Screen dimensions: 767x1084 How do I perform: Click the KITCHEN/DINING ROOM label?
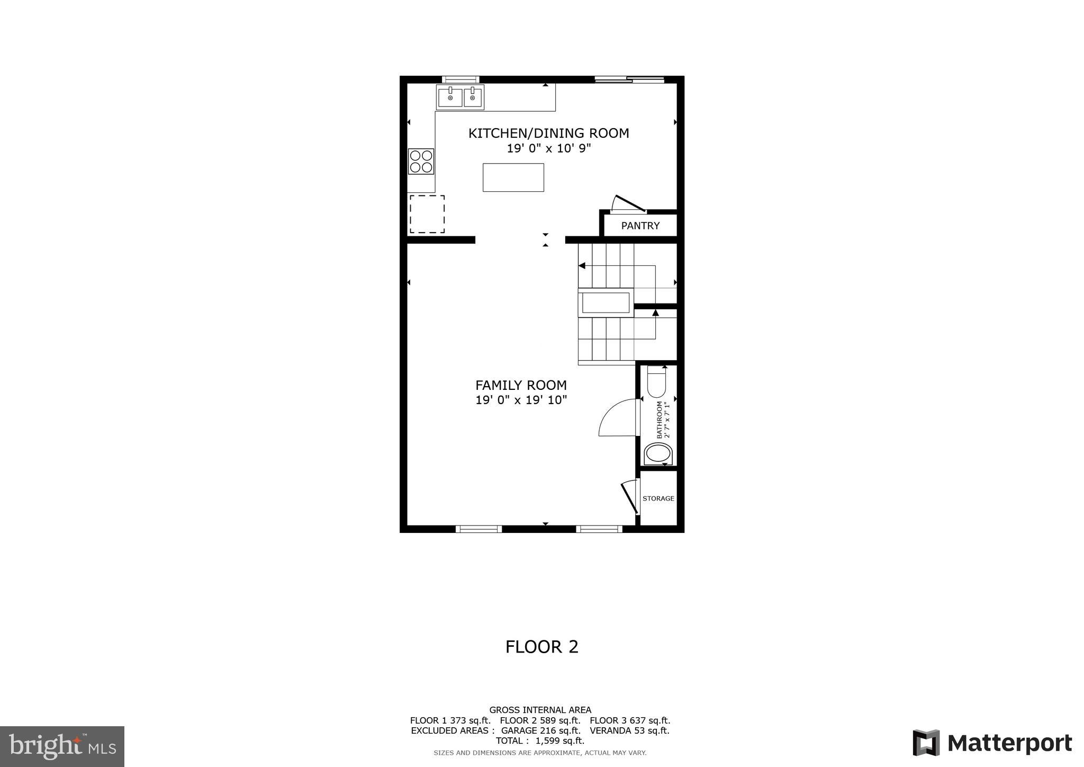click(548, 133)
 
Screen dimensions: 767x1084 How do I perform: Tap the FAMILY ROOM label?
click(521, 385)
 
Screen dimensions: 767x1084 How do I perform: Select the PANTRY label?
click(640, 226)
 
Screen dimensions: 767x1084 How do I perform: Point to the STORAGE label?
click(658, 498)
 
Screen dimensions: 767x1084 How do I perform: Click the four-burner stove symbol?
click(421, 162)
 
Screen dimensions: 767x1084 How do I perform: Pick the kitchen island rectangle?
click(513, 177)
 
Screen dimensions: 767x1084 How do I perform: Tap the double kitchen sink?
click(460, 97)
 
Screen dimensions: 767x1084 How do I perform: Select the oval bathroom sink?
click(658, 454)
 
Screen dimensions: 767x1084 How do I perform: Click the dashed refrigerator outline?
click(427, 214)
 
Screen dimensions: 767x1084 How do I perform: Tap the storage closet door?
click(630, 496)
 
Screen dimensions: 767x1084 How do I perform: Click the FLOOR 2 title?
click(541, 647)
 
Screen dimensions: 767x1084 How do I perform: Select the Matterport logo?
click(992, 743)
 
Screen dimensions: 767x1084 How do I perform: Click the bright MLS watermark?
click(62, 747)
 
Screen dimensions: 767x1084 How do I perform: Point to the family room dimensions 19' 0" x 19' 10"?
click(521, 400)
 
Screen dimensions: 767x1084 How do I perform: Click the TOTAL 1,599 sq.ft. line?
click(540, 741)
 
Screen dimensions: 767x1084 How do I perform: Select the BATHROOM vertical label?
click(660, 420)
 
